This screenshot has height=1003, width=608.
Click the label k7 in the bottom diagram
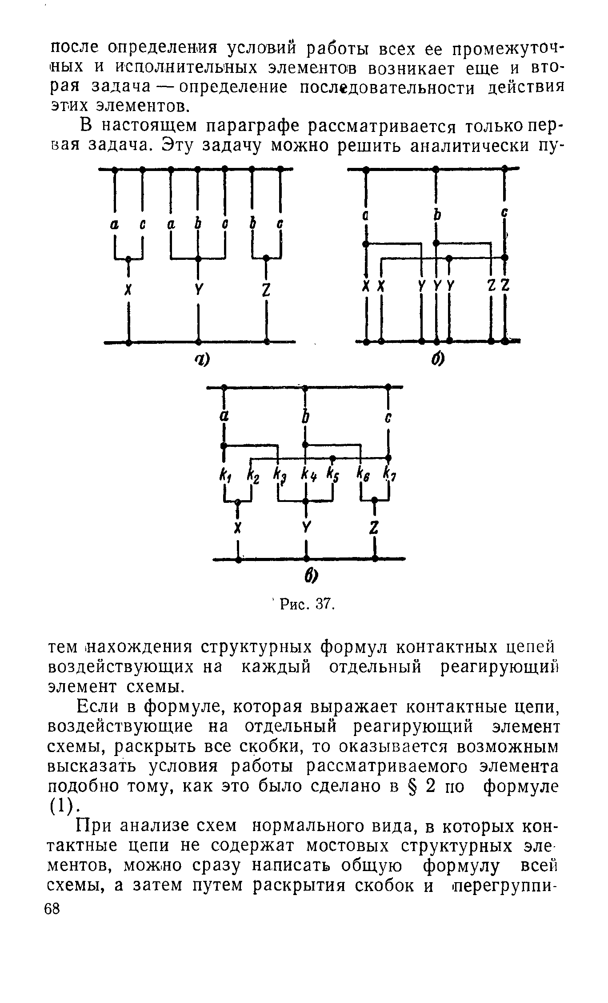(x=389, y=474)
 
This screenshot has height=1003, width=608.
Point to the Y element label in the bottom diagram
(x=306, y=527)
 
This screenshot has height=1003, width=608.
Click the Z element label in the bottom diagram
(x=375, y=527)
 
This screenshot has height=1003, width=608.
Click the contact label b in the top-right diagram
(x=437, y=216)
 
